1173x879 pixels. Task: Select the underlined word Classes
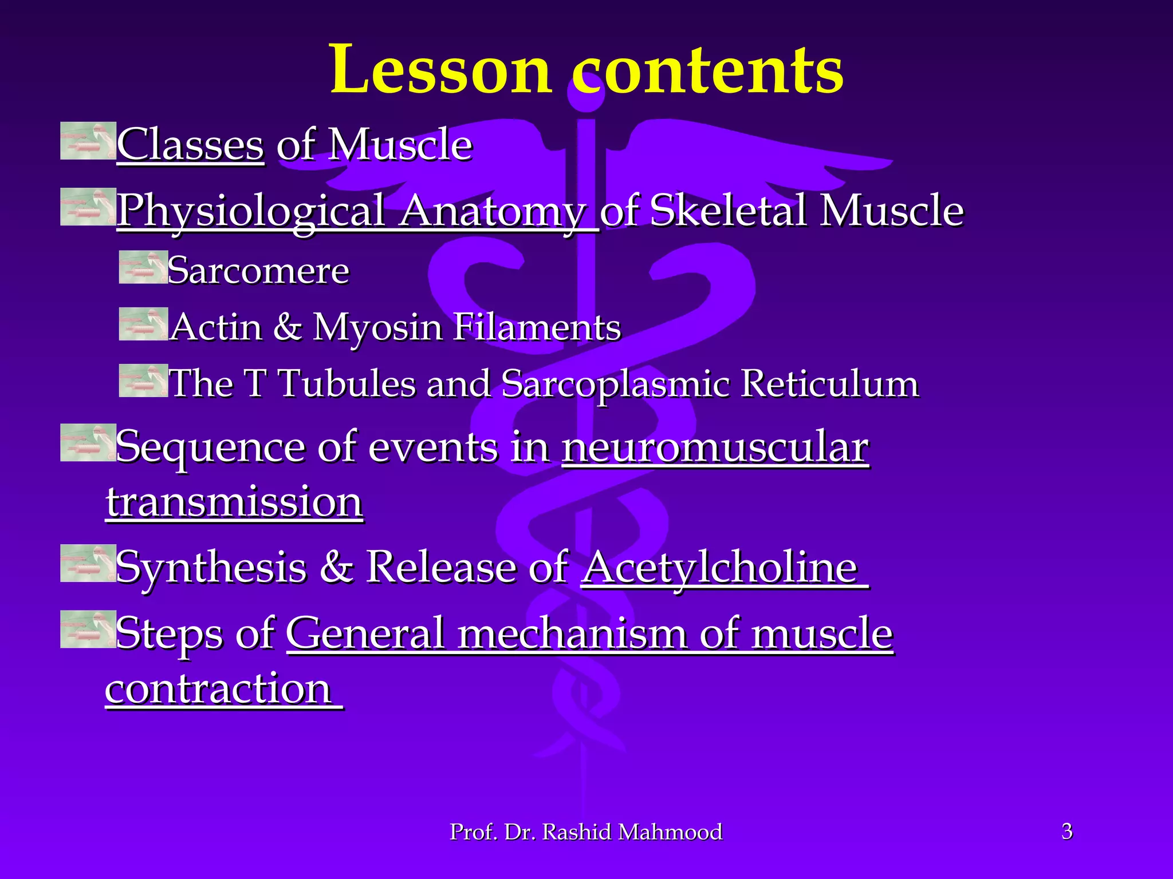coord(190,145)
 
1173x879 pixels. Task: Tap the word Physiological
coord(251,211)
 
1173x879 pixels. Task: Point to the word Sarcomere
coord(258,270)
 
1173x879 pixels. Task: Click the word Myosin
coord(377,327)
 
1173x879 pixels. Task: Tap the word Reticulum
coord(830,383)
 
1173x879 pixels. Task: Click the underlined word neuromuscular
coord(715,447)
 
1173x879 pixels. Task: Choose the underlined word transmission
coord(234,502)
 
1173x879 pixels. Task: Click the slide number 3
coord(1066,831)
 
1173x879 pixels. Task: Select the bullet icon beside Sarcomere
coord(143,267)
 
